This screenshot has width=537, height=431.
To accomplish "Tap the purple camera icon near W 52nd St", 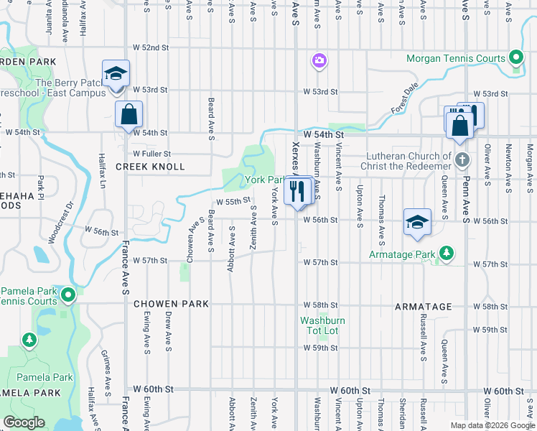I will [318, 61].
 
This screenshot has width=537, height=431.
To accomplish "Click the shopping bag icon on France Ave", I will [129, 115].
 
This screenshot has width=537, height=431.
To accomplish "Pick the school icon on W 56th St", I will [417, 223].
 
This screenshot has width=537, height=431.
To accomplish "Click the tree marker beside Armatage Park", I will [447, 254].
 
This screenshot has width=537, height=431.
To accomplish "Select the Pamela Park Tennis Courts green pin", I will [67, 295].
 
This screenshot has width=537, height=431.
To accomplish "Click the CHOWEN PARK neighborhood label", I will [172, 304].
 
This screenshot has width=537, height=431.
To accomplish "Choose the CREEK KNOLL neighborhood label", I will [151, 167].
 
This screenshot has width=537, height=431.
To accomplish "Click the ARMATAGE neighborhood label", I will [424, 307].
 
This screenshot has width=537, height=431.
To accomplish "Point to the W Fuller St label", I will [152, 154].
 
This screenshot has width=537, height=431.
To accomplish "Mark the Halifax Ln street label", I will [102, 171].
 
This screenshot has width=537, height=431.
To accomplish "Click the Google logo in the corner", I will [24, 422].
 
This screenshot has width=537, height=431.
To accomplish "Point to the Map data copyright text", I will [492, 425].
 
